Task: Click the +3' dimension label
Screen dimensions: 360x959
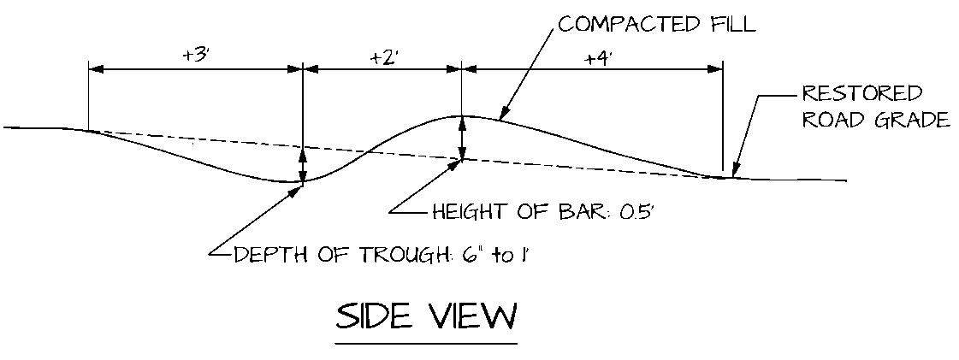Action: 197,55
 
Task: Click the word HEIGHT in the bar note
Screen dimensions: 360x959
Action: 463,212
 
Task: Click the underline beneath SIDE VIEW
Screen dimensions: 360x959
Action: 426,344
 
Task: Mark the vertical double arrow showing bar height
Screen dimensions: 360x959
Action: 463,137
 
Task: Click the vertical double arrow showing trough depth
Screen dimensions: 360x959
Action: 303,164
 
